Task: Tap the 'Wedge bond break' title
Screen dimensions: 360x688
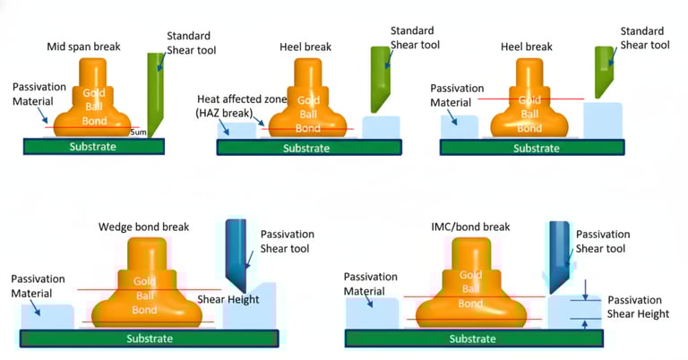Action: click(143, 227)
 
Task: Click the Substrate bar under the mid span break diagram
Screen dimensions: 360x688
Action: click(93, 146)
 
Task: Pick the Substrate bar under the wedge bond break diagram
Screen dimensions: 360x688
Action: click(148, 339)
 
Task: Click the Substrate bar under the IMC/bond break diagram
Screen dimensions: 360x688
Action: click(472, 339)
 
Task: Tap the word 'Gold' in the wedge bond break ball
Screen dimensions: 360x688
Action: click(145, 281)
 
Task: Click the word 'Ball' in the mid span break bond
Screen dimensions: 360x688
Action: click(94, 107)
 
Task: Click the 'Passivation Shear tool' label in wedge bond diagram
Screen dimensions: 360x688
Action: click(287, 241)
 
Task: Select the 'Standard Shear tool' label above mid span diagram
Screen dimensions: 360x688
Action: click(190, 42)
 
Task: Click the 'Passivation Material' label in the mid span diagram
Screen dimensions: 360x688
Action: click(40, 95)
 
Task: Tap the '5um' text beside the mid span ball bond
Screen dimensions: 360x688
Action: click(138, 132)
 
